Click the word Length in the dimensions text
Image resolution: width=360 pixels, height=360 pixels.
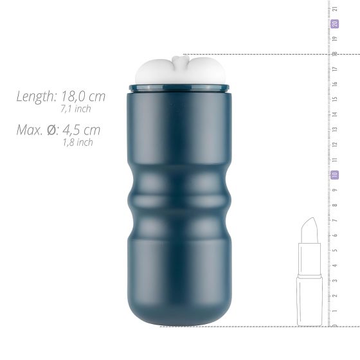(36, 97)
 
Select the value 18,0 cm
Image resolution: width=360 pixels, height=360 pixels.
(83, 97)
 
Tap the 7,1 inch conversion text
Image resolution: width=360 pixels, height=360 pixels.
(76, 109)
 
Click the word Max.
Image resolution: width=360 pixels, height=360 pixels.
(30, 130)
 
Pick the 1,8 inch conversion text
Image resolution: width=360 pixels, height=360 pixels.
(78, 143)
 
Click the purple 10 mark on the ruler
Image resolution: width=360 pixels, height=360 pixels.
(335, 175)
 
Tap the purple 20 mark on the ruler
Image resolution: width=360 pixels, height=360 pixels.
(335, 24)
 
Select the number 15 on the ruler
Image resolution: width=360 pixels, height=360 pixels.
(335, 100)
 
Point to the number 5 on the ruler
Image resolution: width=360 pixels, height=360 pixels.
(335, 250)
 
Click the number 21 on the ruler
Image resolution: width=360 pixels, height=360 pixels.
(335, 8)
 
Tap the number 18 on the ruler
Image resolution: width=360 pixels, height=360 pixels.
(335, 54)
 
